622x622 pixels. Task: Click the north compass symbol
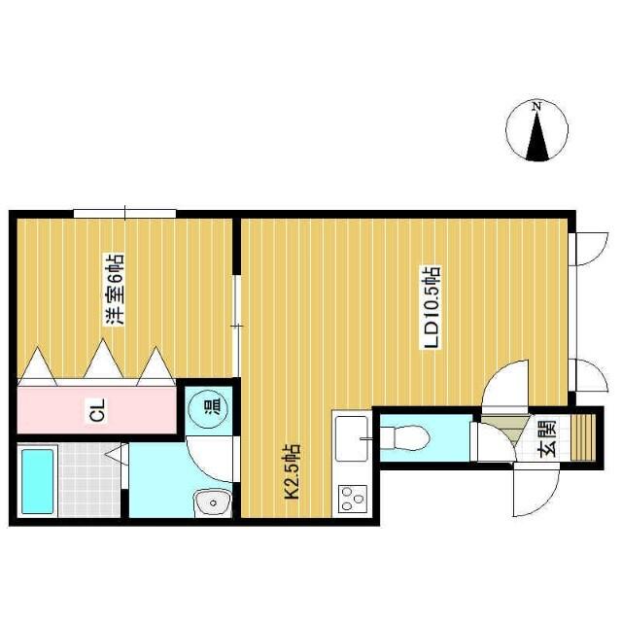pos(536,132)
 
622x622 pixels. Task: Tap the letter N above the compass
pos(536,105)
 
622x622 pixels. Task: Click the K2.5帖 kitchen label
pos(290,471)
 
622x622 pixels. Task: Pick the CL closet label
pos(96,411)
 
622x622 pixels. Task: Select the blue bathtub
pos(36,481)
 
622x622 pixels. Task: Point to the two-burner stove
pos(350,499)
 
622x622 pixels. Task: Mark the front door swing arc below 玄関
pos(536,496)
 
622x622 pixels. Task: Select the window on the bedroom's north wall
pos(124,212)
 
